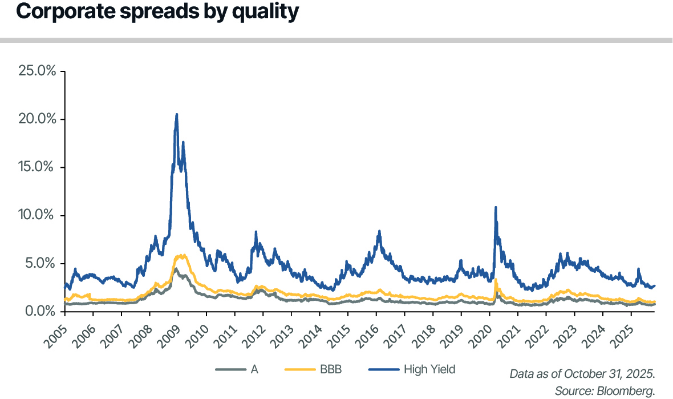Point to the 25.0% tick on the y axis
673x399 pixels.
click(37, 71)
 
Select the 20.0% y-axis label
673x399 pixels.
click(37, 119)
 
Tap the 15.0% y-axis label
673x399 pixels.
click(38, 167)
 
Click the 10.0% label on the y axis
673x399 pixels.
click(38, 215)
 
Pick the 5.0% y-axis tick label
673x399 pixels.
click(40, 263)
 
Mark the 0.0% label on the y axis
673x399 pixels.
click(40, 311)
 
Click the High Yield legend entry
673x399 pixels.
click(429, 369)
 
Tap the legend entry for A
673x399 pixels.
click(254, 369)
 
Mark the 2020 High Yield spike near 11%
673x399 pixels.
click(496, 207)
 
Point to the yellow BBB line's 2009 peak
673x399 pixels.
click(181, 255)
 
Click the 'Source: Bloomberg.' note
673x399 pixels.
click(605, 390)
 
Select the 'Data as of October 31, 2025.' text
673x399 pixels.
click(582, 374)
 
